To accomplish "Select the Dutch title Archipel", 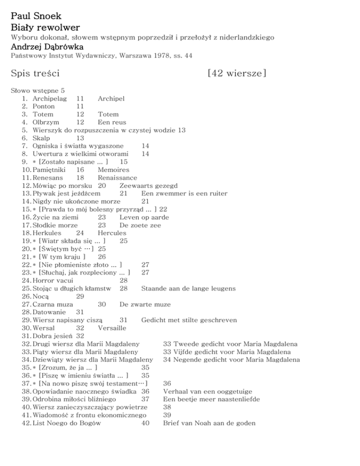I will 111,98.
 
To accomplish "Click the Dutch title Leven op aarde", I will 144,217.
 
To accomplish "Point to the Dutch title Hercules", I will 112,233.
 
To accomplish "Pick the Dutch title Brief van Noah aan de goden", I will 209,422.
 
